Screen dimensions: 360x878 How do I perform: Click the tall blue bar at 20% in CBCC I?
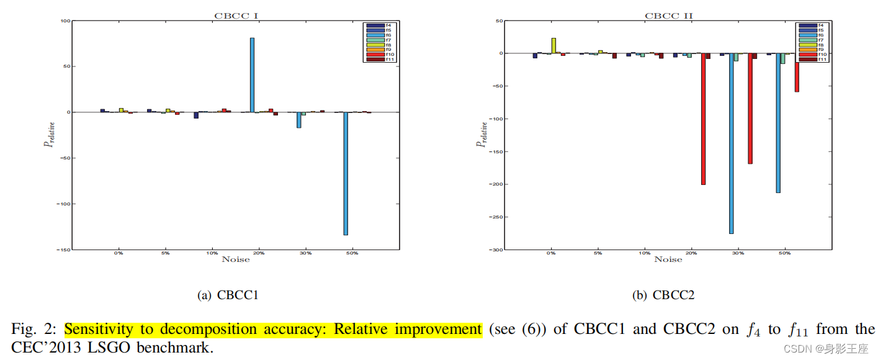click(252, 74)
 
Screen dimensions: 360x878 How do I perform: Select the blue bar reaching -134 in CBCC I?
click(346, 173)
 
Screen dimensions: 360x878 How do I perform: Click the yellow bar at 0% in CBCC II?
click(553, 46)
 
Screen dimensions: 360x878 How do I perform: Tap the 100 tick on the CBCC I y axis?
click(65, 21)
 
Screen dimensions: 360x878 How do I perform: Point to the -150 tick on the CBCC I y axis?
click(63, 250)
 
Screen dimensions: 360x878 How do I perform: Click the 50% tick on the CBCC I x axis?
click(352, 254)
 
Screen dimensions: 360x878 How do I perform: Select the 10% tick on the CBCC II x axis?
click(644, 254)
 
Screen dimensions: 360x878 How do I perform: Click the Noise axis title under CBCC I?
click(236, 259)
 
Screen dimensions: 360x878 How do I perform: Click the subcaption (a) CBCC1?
click(227, 295)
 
